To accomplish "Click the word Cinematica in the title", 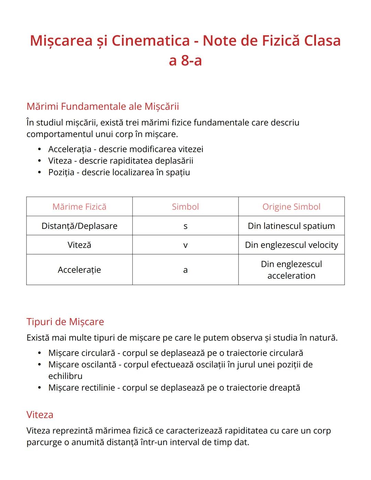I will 150,41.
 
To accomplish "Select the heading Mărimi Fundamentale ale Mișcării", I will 103,107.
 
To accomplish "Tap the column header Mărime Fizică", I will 79,206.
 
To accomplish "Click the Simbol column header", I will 185,206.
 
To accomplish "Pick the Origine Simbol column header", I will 291,206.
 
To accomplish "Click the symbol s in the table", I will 185,226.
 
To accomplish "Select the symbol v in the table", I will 185,245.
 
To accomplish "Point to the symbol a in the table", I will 185,270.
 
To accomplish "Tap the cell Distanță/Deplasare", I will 79,226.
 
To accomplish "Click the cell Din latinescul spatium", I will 291,226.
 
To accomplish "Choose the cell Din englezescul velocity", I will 291,245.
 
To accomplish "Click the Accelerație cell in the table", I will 79,270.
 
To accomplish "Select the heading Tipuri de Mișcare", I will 65,322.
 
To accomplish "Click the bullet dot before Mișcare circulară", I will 40,353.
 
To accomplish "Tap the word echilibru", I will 65,376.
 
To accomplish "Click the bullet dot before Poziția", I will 40,172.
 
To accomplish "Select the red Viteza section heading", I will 40,415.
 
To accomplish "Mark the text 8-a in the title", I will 191,60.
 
